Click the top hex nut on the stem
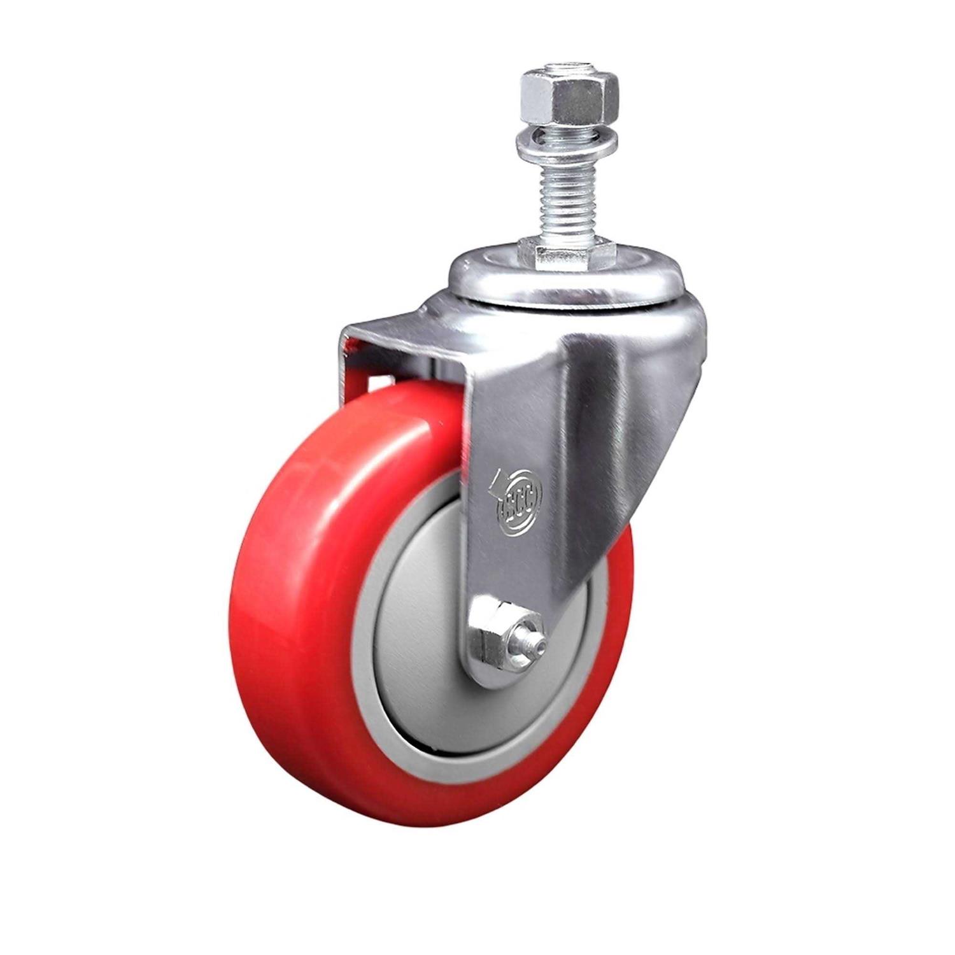coord(561,97)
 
